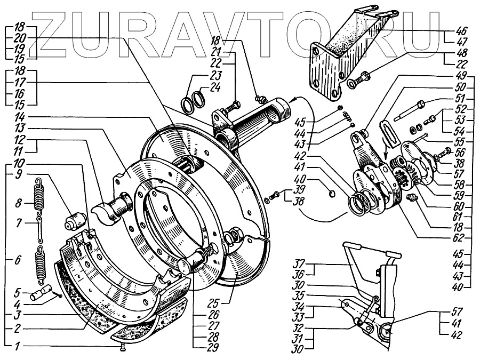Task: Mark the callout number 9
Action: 18,174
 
